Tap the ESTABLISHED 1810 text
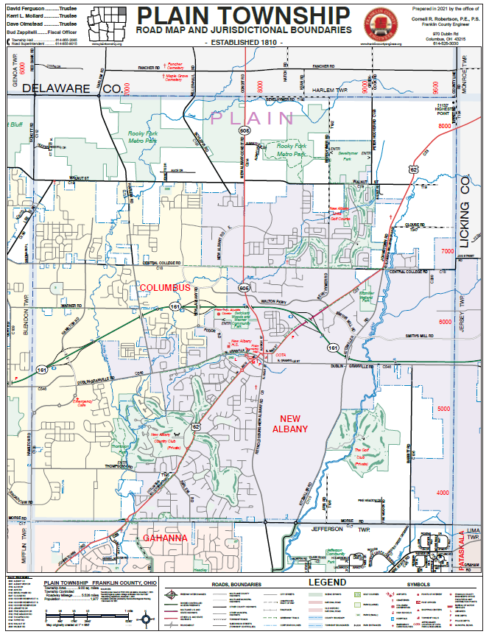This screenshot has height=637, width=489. coord(243,43)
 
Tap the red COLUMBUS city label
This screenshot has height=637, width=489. coord(165,287)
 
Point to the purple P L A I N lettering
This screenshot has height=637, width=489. coord(253,118)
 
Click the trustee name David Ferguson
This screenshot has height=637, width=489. coord(24,7)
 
